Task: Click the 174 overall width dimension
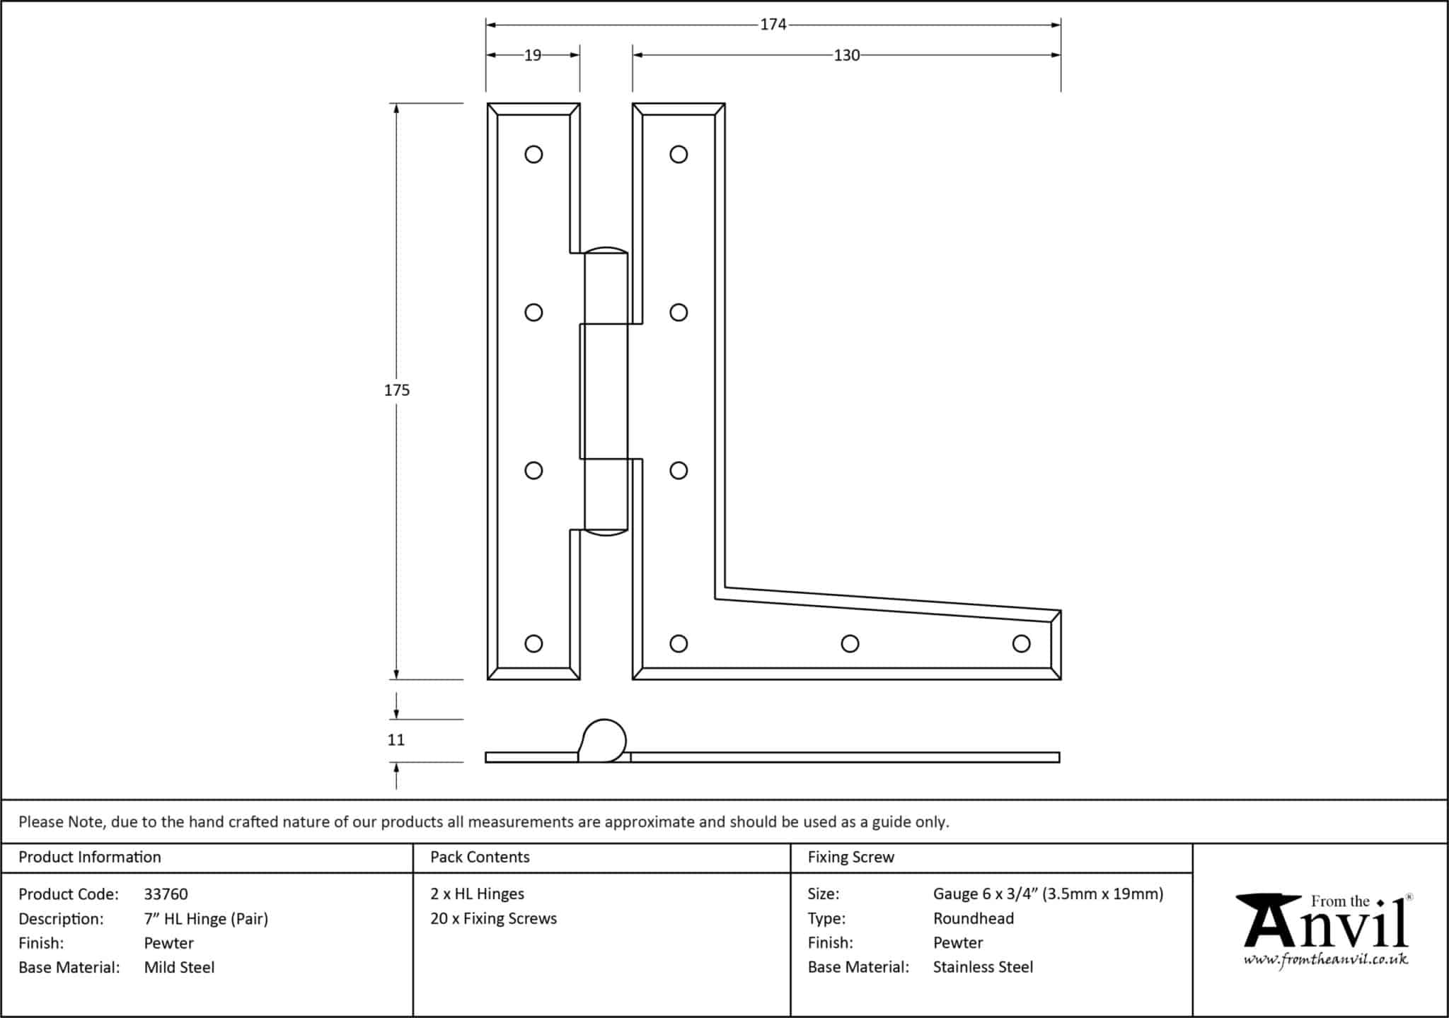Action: click(773, 25)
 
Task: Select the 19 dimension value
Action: click(533, 55)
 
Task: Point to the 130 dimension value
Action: click(846, 55)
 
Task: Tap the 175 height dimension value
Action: click(396, 390)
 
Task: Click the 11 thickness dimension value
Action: click(396, 740)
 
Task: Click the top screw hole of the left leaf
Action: click(533, 154)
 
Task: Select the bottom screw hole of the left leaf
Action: click(533, 643)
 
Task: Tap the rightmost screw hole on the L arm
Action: click(1021, 643)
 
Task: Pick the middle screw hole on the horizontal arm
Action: click(850, 643)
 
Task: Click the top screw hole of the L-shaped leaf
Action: click(679, 154)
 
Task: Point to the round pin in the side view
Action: click(605, 739)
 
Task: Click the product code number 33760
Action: click(166, 894)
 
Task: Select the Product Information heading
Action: click(90, 857)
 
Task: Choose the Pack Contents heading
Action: click(480, 857)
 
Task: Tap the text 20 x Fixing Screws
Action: click(493, 918)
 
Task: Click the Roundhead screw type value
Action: click(973, 918)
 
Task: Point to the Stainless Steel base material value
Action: click(983, 967)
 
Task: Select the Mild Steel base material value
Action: click(179, 967)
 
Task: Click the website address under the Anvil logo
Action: click(1325, 959)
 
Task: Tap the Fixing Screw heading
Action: click(850, 857)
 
